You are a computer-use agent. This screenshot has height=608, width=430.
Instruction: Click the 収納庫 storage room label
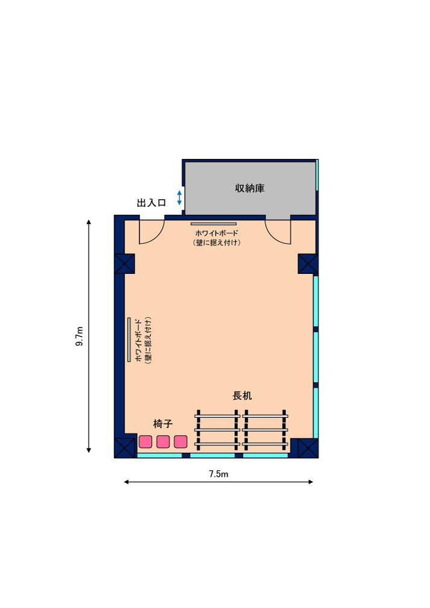point(249,188)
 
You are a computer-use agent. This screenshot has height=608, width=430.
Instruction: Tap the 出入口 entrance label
point(151,203)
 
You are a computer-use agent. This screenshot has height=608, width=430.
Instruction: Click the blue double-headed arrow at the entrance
point(179,198)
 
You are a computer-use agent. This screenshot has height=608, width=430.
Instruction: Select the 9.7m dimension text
point(79,336)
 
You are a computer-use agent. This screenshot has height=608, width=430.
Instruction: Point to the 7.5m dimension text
point(219,474)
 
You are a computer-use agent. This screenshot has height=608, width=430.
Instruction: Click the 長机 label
point(242,396)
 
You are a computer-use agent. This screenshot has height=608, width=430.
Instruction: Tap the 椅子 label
point(163,424)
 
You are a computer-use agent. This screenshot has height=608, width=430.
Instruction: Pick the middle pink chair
point(163,441)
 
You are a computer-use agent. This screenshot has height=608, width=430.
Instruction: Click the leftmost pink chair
point(146,441)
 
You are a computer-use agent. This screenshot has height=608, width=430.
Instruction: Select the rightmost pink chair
point(181,441)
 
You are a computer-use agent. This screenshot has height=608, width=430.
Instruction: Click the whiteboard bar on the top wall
point(213,224)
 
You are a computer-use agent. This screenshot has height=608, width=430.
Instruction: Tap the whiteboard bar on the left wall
point(129,340)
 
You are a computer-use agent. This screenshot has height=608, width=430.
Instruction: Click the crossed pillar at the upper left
point(125,264)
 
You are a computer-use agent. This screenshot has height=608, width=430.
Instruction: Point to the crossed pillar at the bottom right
point(308,448)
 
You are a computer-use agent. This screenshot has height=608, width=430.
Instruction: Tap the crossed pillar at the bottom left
point(125,448)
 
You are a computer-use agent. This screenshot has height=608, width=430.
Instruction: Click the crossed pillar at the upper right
point(308,264)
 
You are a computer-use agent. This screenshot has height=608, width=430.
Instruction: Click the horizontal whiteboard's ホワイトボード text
point(217,234)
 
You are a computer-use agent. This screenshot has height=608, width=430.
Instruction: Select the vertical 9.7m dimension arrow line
point(89,336)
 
